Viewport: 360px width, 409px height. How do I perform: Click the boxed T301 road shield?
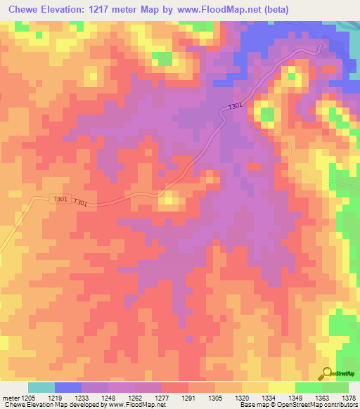[60, 199]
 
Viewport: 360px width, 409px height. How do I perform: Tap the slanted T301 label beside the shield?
[81, 203]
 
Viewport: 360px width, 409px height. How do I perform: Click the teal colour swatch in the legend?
[41, 387]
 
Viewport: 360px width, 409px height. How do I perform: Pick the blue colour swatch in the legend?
[67, 387]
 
